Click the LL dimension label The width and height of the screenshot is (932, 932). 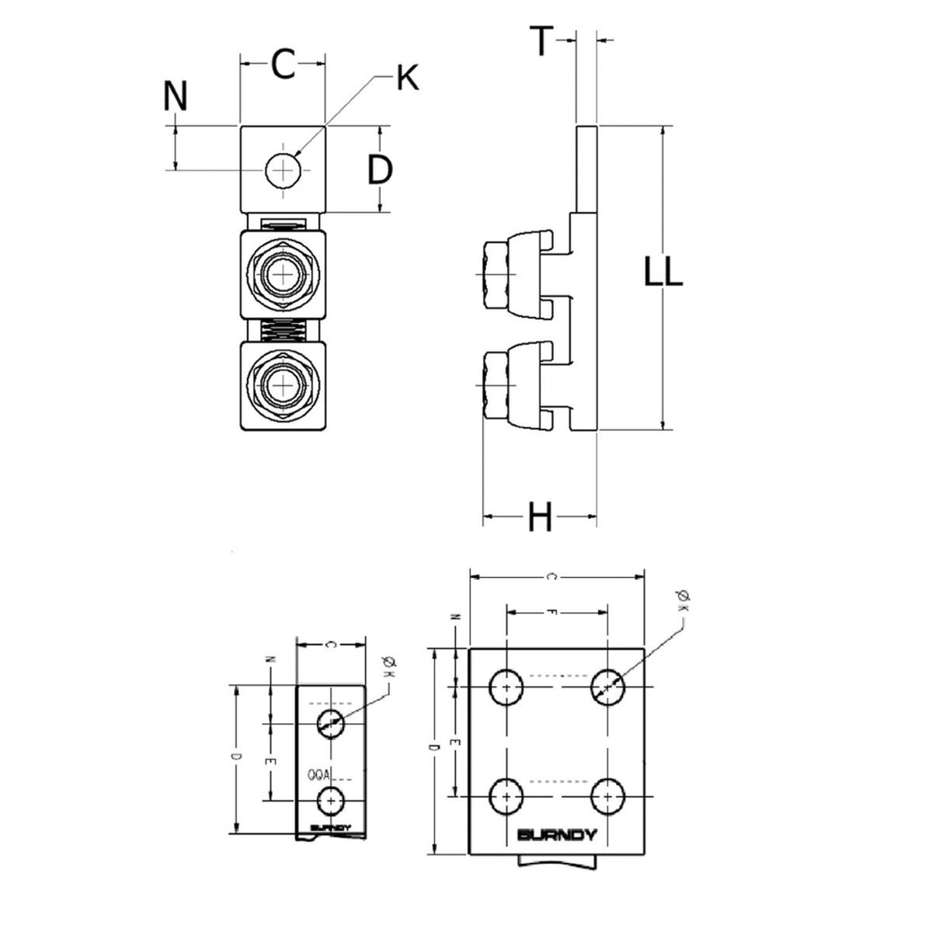(663, 273)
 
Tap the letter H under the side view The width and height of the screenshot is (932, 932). (540, 516)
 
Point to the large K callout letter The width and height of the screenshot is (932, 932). (407, 78)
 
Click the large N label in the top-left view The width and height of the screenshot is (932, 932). (176, 97)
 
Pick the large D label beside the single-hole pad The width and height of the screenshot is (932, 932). (380, 170)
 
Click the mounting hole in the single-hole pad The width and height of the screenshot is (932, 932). (283, 169)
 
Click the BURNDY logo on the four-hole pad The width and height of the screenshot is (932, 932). (557, 836)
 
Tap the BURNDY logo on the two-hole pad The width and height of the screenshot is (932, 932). (331, 828)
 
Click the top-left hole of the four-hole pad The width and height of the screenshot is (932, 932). (506, 687)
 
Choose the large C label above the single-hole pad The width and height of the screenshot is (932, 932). (283, 64)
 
